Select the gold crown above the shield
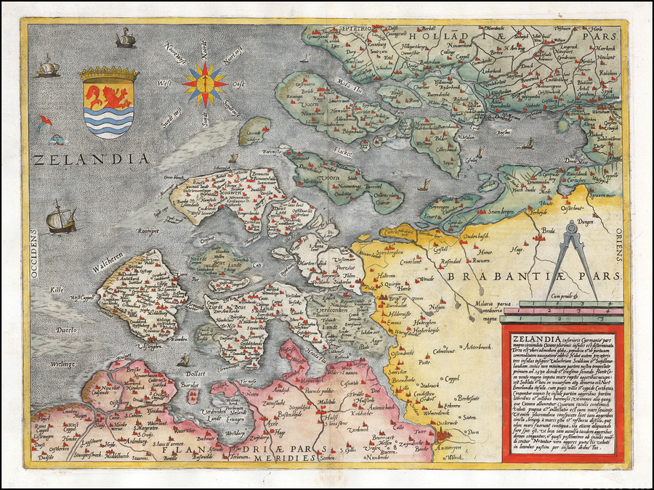click(109, 73)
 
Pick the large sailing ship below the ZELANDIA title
click(60, 218)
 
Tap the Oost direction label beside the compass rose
click(235, 83)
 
